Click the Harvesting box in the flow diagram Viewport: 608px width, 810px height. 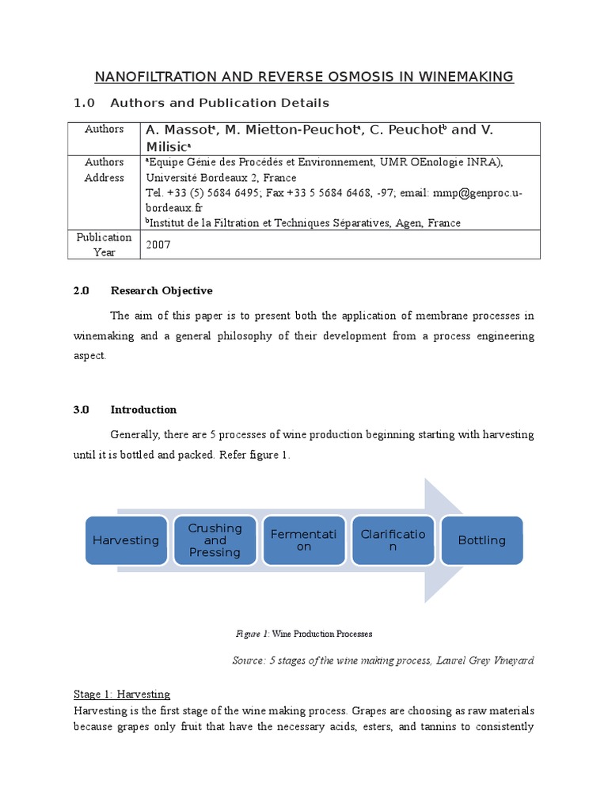pos(126,540)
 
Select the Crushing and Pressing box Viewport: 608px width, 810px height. pos(215,540)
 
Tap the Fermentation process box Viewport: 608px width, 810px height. pos(303,540)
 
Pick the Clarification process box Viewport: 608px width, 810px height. pos(393,540)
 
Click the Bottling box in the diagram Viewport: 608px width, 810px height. pos(481,540)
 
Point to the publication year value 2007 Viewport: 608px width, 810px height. pos(158,245)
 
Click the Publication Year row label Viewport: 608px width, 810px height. pos(104,244)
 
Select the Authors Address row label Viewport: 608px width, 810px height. pos(104,169)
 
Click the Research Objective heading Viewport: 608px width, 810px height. pos(161,291)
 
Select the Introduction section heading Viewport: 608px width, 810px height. pos(143,410)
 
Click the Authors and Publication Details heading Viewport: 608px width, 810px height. pos(219,103)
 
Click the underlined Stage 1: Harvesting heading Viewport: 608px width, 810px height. pos(121,695)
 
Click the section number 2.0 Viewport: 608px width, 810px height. pos(82,291)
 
